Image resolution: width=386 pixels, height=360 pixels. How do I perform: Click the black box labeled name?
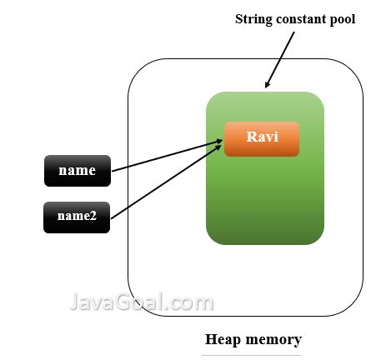click(77, 171)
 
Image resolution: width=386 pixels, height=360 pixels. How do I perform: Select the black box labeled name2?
click(77, 217)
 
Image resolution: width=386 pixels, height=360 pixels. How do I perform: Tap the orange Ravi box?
click(261, 138)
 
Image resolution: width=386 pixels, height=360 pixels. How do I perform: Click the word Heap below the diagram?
click(224, 339)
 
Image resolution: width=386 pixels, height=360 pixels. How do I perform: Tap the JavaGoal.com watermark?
click(139, 301)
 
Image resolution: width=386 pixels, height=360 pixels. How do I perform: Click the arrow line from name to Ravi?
click(167, 157)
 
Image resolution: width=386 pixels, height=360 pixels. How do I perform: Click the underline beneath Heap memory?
click(252, 354)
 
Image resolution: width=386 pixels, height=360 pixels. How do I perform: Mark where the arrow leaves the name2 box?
click(111, 217)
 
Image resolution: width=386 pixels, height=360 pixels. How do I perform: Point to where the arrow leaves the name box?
click(112, 172)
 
